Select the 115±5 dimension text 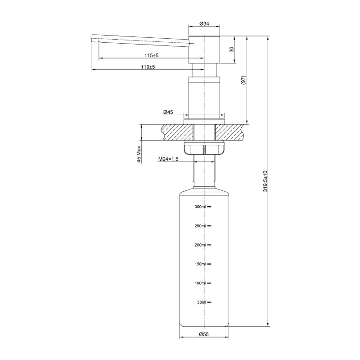[152, 55]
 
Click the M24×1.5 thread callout [169, 159]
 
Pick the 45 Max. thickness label [139, 154]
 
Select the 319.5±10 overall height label [265, 181]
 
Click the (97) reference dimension [243, 80]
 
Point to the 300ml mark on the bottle [200, 207]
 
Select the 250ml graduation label [200, 226]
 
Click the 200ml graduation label [200, 245]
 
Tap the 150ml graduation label [200, 264]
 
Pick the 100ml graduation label [200, 283]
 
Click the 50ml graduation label [201, 302]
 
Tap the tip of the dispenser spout [94, 39]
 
